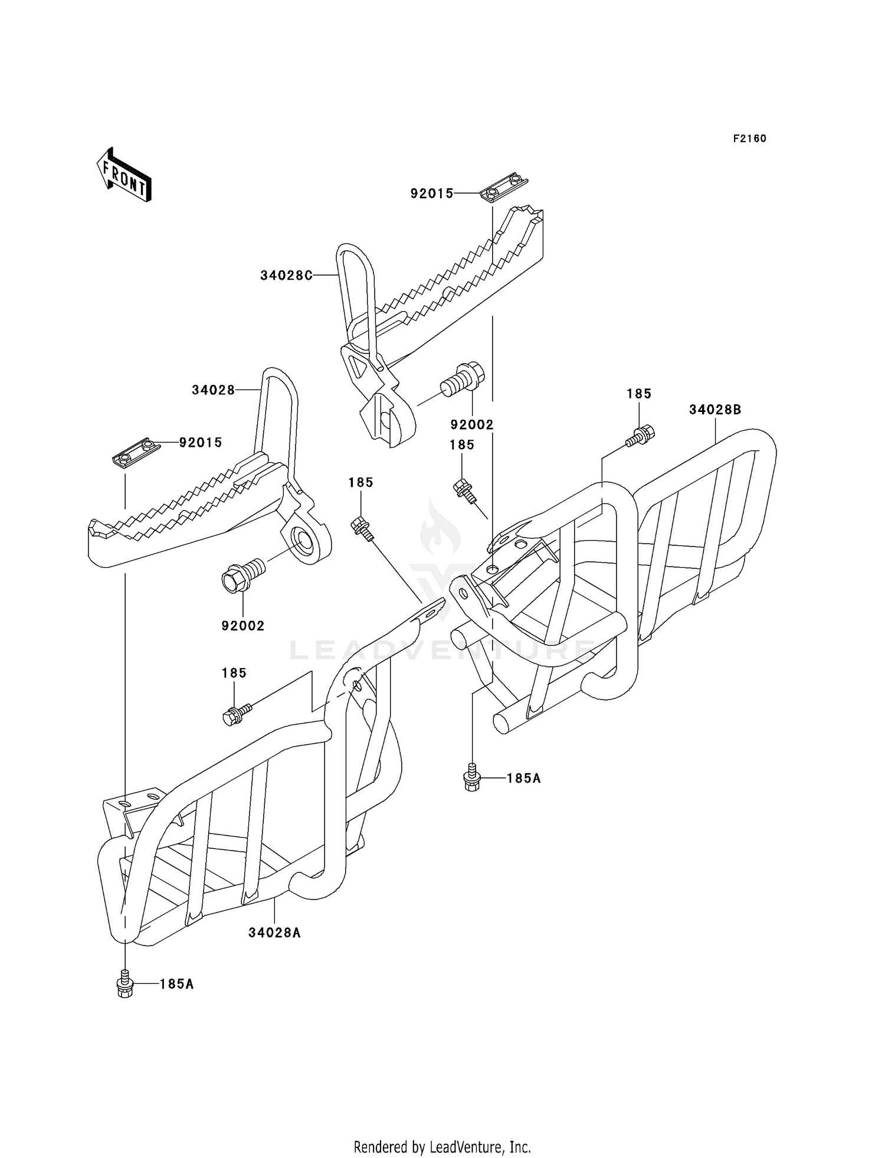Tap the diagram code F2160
point(749,139)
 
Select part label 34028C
point(286,275)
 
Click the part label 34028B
point(714,410)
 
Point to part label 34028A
point(274,933)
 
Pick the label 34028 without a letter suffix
point(213,390)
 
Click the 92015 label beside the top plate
point(432,194)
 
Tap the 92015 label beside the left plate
point(201,443)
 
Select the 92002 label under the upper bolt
point(472,425)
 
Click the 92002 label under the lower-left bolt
point(243,626)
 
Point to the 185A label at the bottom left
point(176,984)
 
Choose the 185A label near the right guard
point(523,778)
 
